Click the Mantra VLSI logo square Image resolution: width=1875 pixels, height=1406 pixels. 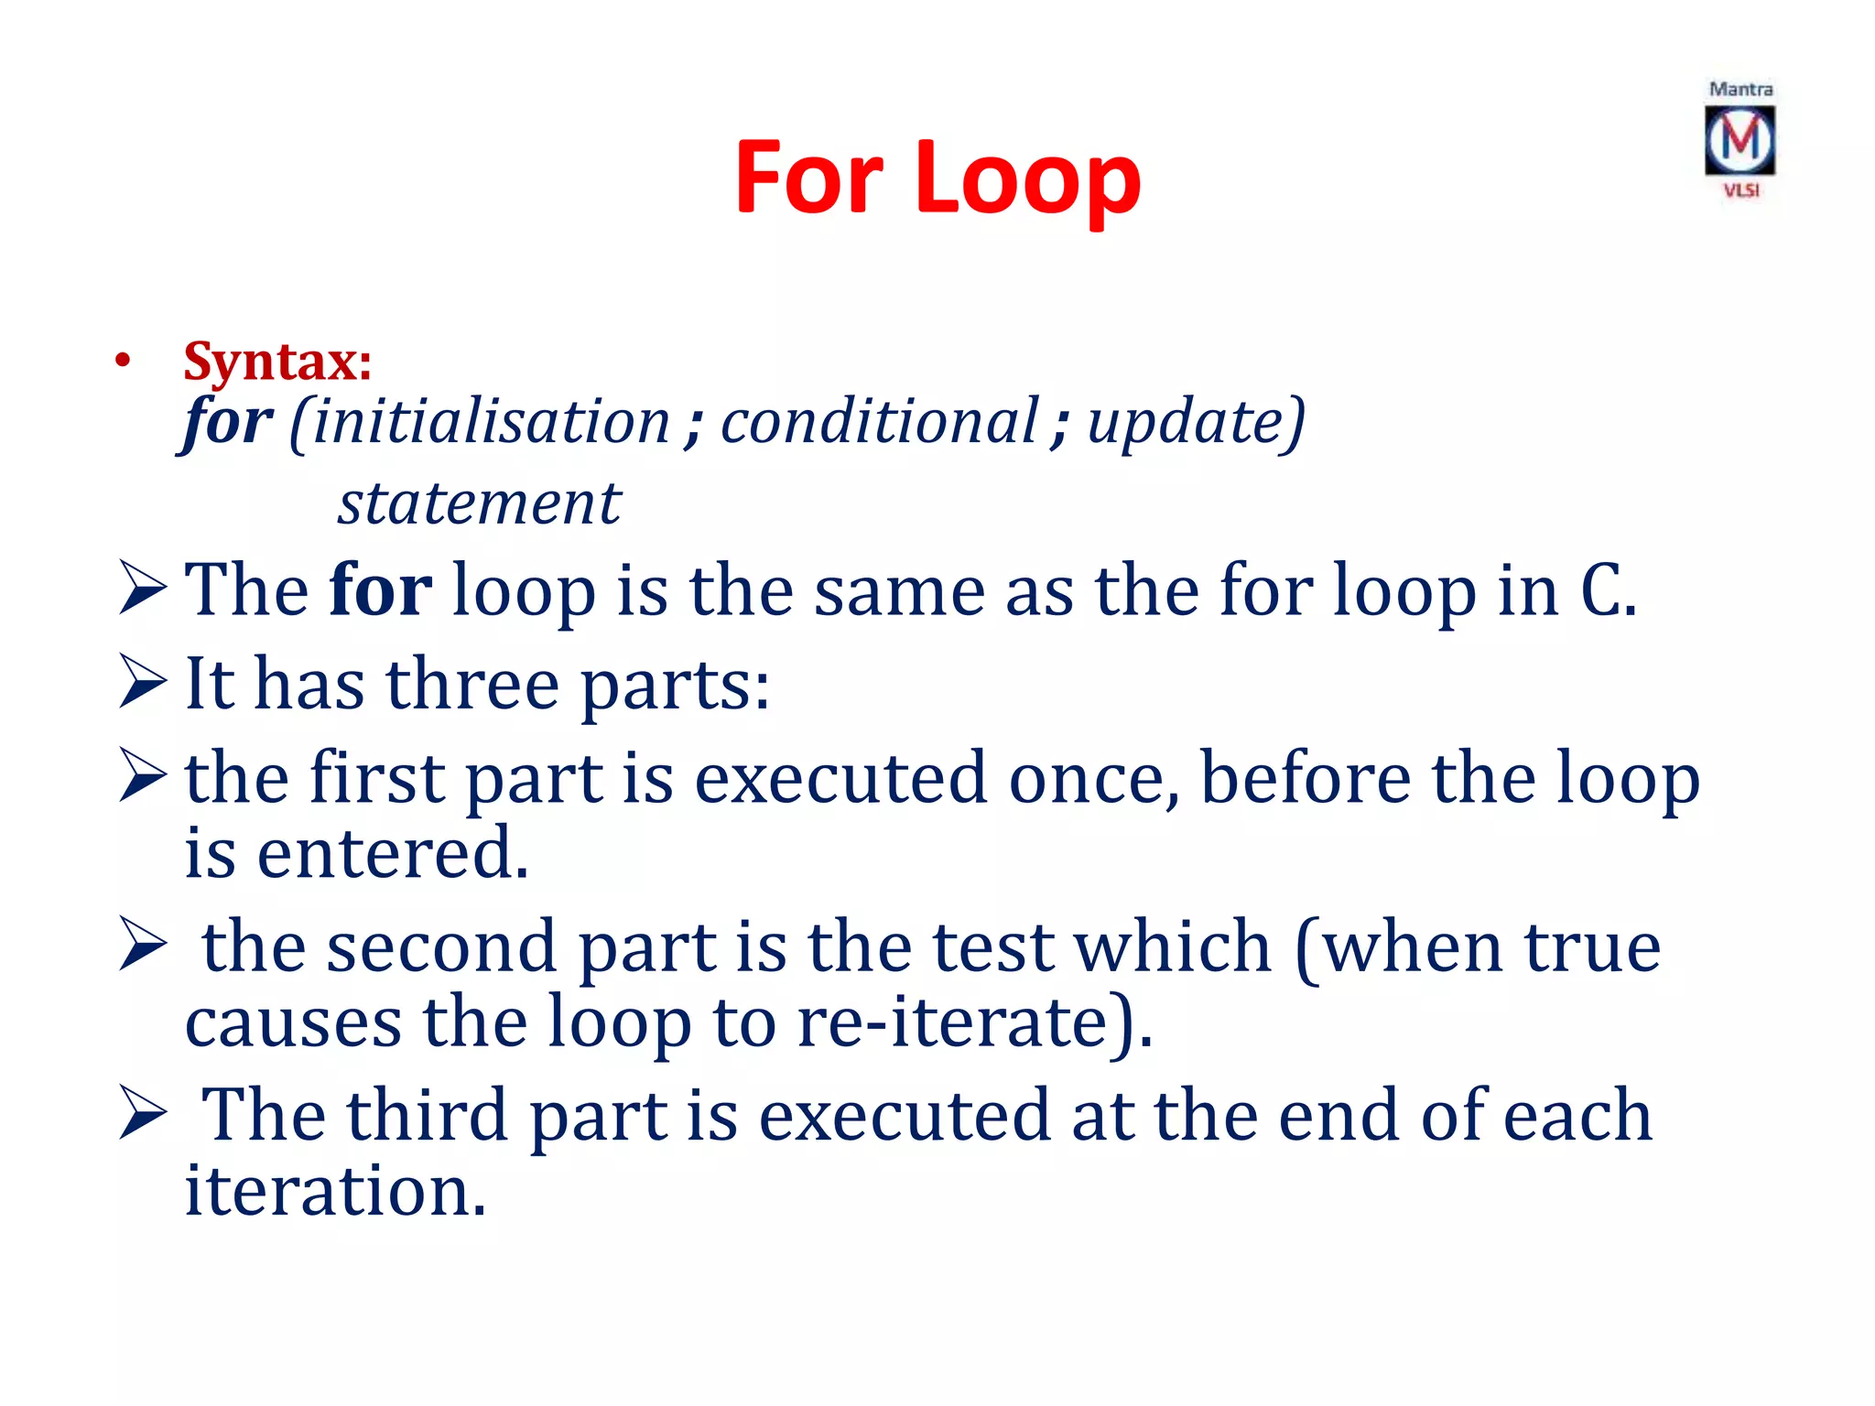(x=1740, y=140)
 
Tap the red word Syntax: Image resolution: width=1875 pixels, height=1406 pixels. (x=277, y=361)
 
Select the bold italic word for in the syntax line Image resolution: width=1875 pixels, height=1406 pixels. (x=227, y=422)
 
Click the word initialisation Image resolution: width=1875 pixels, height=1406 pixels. (x=491, y=422)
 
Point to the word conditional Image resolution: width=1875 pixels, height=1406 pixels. (x=879, y=422)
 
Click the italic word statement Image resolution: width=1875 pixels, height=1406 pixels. (x=479, y=503)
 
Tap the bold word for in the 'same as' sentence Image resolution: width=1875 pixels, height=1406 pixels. (x=380, y=590)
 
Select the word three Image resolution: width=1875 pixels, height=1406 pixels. (x=472, y=684)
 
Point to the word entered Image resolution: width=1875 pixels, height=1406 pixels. (x=391, y=853)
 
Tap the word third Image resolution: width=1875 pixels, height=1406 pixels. (x=428, y=1115)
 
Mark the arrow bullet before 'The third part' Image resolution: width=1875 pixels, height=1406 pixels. (x=143, y=1116)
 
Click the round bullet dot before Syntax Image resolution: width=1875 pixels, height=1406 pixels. (x=123, y=362)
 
